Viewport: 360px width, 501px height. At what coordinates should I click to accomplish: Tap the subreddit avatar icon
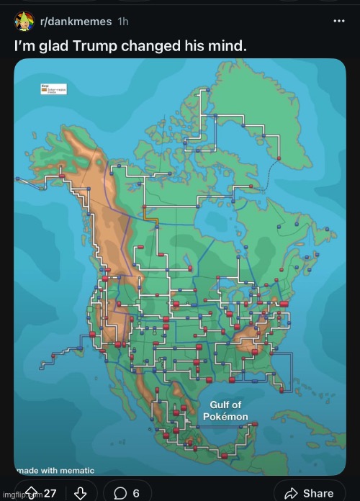pyautogui.click(x=24, y=22)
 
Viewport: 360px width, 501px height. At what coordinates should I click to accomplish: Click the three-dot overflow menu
pyautogui.click(x=336, y=22)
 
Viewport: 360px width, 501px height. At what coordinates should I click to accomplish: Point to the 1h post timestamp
pyautogui.click(x=124, y=22)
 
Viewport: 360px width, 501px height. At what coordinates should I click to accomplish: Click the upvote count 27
pyautogui.click(x=50, y=493)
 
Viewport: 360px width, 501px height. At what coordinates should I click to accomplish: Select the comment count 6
pyautogui.click(x=136, y=493)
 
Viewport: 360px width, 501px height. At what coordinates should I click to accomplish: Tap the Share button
pyautogui.click(x=309, y=493)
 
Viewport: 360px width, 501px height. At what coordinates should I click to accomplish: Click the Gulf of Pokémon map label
pyautogui.click(x=230, y=411)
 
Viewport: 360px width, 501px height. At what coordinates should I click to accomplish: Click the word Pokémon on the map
pyautogui.click(x=230, y=417)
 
